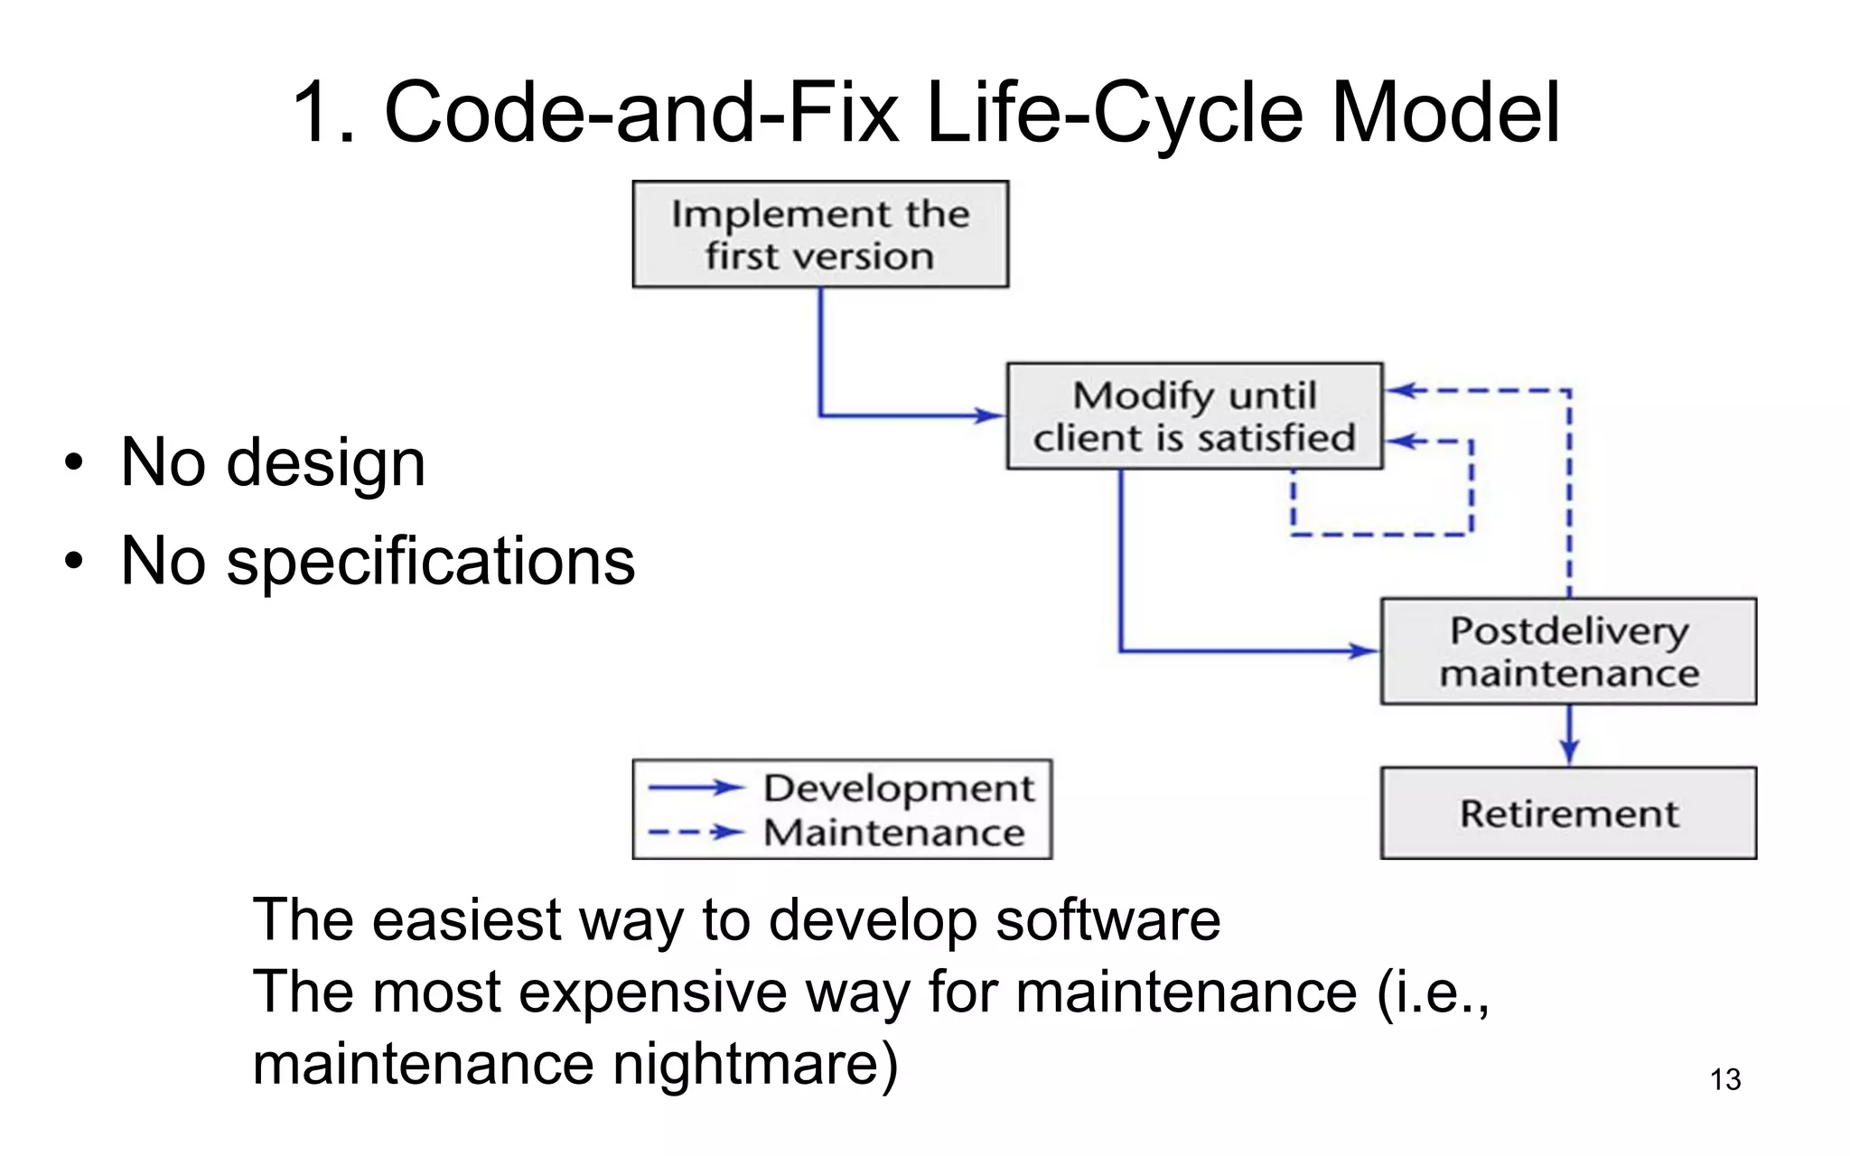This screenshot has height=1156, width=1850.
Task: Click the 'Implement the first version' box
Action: [820, 235]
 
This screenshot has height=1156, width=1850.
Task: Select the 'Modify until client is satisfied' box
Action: [1194, 416]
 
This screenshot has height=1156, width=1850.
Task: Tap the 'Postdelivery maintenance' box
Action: [1568, 651]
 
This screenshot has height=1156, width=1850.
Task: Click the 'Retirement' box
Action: [1568, 813]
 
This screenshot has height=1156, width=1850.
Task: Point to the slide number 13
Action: [1725, 1079]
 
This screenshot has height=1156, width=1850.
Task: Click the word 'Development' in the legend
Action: [899, 788]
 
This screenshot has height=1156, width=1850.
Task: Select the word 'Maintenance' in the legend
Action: [894, 832]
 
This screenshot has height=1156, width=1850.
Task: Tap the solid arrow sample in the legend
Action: [696, 788]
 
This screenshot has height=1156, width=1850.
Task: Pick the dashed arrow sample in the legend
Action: [696, 832]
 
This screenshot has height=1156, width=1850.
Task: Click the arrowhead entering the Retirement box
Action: [1569, 751]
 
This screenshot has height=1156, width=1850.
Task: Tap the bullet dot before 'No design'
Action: [73, 464]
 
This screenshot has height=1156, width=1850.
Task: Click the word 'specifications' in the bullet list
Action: [430, 561]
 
